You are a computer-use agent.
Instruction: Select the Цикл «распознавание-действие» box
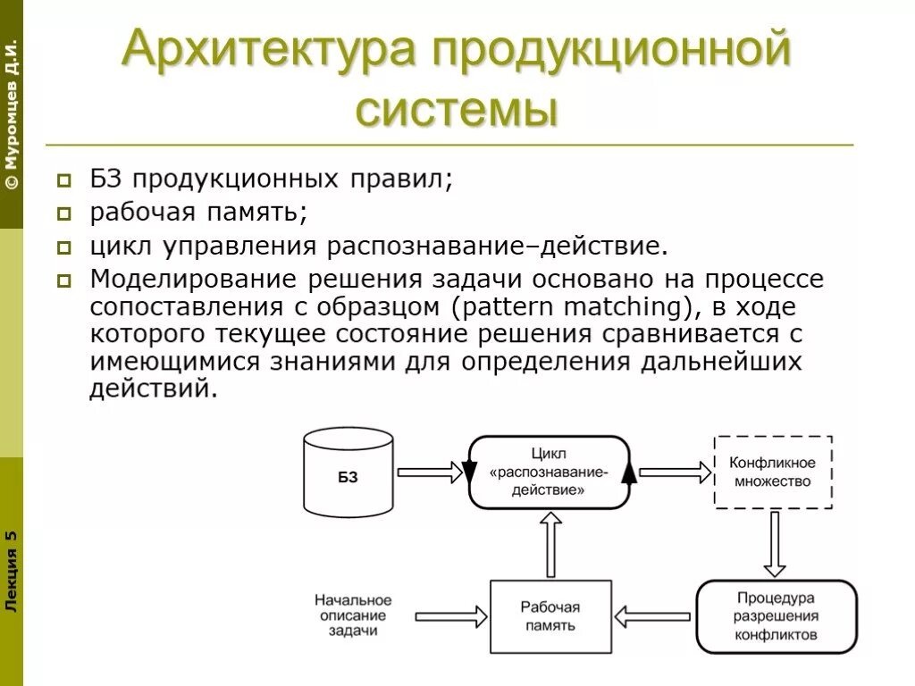pyautogui.click(x=549, y=473)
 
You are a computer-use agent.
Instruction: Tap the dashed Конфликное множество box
pyautogui.click(x=772, y=473)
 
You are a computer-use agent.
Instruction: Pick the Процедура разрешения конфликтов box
pyautogui.click(x=776, y=616)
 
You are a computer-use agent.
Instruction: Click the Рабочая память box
pyautogui.click(x=550, y=616)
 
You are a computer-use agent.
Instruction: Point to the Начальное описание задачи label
pyautogui.click(x=353, y=615)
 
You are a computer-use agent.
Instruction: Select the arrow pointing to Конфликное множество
pyautogui.click(x=672, y=473)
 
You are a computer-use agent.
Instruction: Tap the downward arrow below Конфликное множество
pyautogui.click(x=775, y=543)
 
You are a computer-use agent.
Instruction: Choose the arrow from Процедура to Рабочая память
pyautogui.click(x=652, y=615)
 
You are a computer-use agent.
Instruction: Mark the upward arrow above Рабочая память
pyautogui.click(x=550, y=545)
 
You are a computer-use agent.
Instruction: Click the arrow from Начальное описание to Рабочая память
pyautogui.click(x=451, y=615)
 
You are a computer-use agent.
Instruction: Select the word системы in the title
pyautogui.click(x=457, y=110)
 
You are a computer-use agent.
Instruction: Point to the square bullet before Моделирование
pyautogui.click(x=65, y=280)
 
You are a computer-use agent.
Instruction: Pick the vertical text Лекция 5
pyautogui.click(x=11, y=570)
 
